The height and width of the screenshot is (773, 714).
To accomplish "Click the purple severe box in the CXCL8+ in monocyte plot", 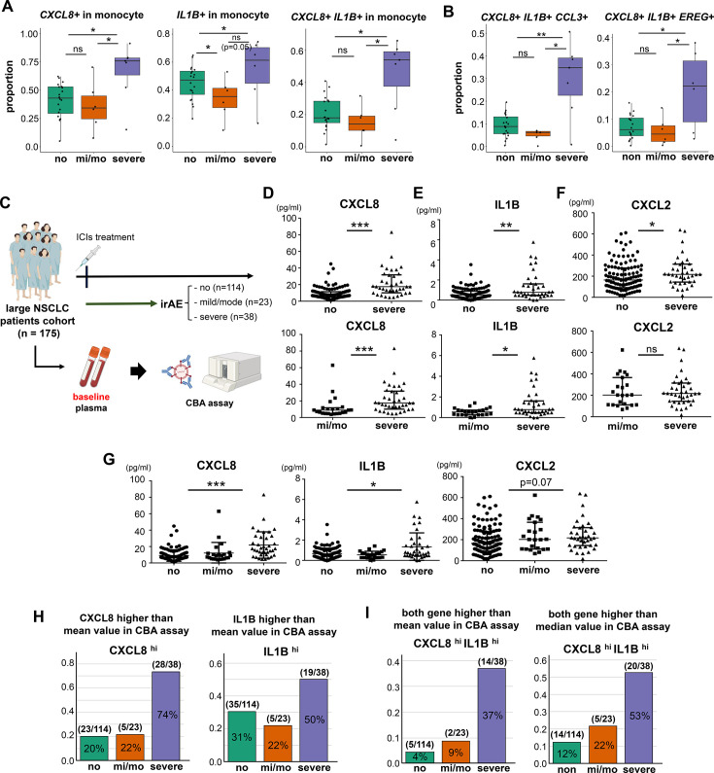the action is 127,66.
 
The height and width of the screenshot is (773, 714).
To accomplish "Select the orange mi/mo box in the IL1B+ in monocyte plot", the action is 225,97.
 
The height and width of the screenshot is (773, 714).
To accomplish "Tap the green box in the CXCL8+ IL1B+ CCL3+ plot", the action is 506,125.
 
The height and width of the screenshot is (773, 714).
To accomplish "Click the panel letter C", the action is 6,202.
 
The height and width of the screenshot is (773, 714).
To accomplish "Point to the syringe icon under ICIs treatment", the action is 88,259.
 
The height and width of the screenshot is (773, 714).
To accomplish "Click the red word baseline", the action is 91,397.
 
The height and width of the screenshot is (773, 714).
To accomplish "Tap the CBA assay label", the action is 209,404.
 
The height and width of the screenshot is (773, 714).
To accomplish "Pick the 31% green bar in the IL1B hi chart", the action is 242,736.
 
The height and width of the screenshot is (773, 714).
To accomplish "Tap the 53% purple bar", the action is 638,718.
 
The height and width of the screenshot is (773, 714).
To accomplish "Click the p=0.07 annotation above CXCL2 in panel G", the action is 535,482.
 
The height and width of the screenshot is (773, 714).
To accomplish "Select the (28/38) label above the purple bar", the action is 166,664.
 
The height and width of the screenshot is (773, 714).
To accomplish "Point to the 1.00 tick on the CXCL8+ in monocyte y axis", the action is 29,33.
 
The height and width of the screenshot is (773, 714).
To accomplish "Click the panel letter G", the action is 109,460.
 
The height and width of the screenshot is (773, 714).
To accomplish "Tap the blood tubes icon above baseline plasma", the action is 95,368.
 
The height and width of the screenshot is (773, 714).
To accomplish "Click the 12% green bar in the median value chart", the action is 566,753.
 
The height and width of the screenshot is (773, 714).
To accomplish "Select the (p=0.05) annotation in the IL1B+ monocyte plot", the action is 236,47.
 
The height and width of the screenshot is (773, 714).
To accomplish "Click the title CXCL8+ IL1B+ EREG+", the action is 659,18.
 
